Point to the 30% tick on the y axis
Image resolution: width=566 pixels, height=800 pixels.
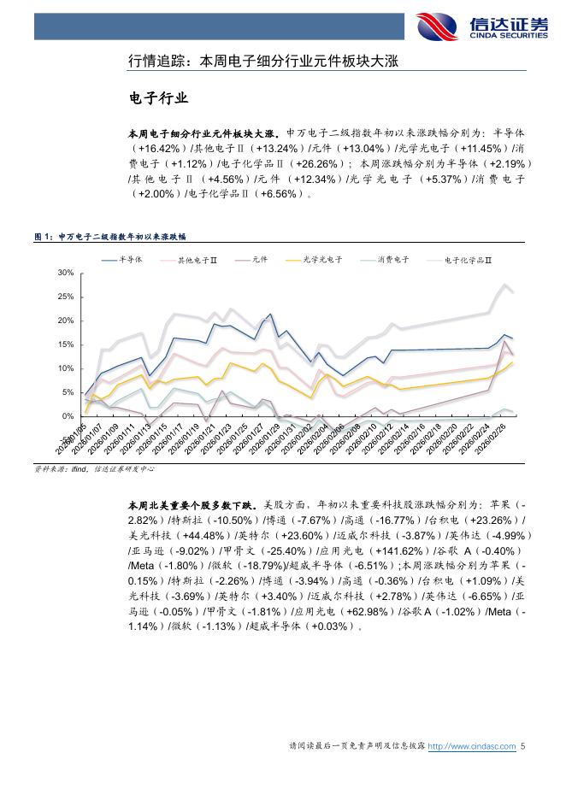pos(66,273)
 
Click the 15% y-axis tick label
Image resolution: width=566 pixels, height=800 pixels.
pos(66,344)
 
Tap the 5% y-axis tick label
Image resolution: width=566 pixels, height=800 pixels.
pos(68,392)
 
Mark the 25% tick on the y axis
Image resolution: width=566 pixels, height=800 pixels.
pos(66,297)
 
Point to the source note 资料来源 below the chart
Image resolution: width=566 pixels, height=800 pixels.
pos(94,469)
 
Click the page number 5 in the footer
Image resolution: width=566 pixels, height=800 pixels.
pos(522,746)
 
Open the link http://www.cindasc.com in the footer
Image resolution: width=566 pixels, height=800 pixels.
pos(472,746)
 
